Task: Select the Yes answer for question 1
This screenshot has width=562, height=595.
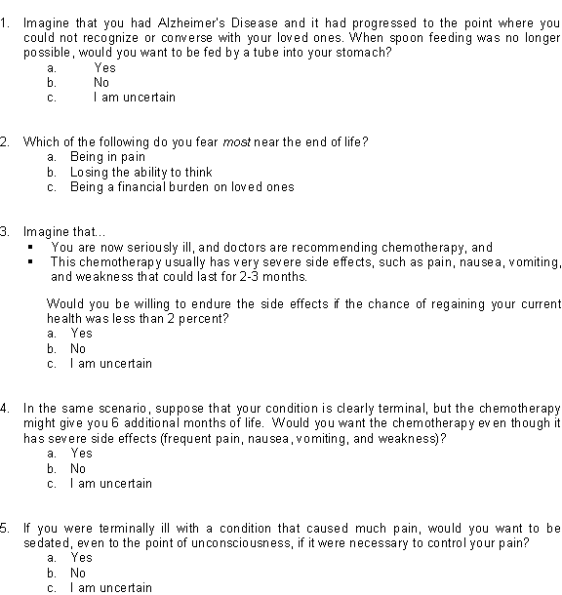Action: tap(104, 68)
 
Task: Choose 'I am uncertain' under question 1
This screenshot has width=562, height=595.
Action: tap(136, 98)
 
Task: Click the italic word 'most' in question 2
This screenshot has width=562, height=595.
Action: tap(238, 141)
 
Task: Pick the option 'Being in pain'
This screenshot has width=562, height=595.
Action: tap(107, 157)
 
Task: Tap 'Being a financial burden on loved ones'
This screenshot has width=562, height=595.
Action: tap(181, 186)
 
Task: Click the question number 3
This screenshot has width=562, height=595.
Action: tap(6, 231)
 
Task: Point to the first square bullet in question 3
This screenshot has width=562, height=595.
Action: tap(32, 247)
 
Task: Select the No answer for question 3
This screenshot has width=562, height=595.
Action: tap(78, 348)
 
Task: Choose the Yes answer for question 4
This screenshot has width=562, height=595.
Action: tap(81, 453)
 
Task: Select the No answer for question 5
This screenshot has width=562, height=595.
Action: tap(78, 573)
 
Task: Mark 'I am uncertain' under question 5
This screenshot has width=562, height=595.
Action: tap(110, 587)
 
